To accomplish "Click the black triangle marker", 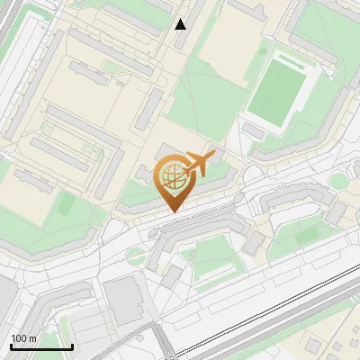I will click(x=181, y=24).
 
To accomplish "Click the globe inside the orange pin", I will click(x=171, y=177).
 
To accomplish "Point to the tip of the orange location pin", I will click(x=172, y=211).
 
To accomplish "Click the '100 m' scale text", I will click(x=23, y=338).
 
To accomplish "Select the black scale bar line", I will click(x=40, y=346).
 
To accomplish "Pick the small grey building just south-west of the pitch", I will click(x=253, y=131).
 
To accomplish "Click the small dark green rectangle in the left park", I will click(x=65, y=204).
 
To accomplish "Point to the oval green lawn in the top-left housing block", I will click(x=112, y=66).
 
